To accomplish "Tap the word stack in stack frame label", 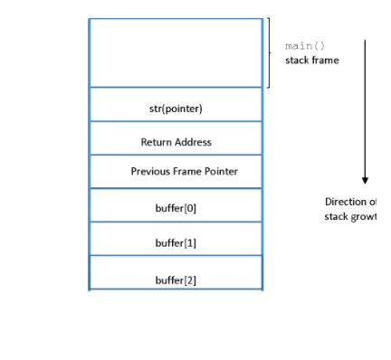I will pyautogui.click(x=297, y=61).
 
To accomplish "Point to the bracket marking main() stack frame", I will pyautogui.click(x=268, y=52).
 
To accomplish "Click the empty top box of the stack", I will pyautogui.click(x=176, y=52).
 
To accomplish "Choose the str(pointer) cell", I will pyautogui.click(x=176, y=109).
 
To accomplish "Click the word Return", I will pyautogui.click(x=157, y=142).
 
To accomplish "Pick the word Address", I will pyautogui.click(x=194, y=142).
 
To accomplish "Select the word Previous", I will pyautogui.click(x=150, y=171).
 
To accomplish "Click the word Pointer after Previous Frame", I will pyautogui.click(x=223, y=171).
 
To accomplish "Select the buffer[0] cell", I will pyautogui.click(x=176, y=208).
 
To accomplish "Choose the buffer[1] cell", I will pyautogui.click(x=176, y=242).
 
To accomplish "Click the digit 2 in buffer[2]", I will pyautogui.click(x=189, y=279).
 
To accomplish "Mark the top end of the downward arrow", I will pyautogui.click(x=366, y=41).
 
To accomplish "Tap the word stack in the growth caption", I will pyautogui.click(x=338, y=216).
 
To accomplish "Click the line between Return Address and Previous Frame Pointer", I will pyautogui.click(x=176, y=155).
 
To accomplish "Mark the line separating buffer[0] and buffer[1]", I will pyautogui.click(x=176, y=223).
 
